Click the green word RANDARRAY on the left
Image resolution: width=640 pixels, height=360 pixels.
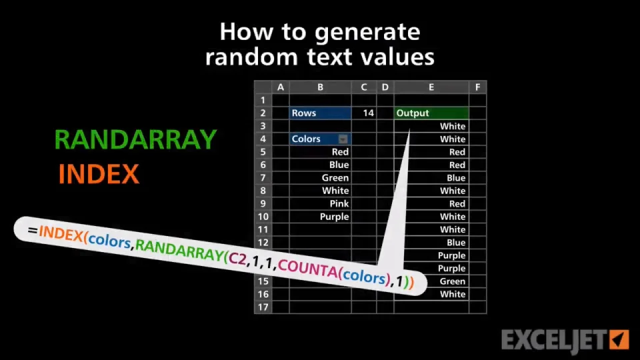pyautogui.click(x=135, y=139)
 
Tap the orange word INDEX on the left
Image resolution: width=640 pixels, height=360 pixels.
pyautogui.click(x=99, y=174)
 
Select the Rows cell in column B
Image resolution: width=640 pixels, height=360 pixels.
pyautogui.click(x=321, y=113)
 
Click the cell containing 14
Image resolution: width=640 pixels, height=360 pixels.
pyautogui.click(x=364, y=113)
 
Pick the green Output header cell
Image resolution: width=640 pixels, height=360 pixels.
pyautogui.click(x=431, y=113)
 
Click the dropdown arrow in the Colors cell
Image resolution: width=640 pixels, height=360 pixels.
pyautogui.click(x=343, y=139)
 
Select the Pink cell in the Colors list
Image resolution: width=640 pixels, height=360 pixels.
pyautogui.click(x=321, y=204)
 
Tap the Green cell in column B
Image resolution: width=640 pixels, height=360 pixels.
pyautogui.click(x=321, y=178)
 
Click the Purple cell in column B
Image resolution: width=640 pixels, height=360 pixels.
pyautogui.click(x=321, y=217)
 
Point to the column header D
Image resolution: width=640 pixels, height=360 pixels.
pyautogui.click(x=385, y=87)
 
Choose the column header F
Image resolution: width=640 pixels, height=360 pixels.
pyautogui.click(x=477, y=87)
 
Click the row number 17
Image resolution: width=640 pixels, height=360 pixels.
pyautogui.click(x=263, y=307)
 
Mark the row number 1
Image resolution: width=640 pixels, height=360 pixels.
pyautogui.click(x=263, y=101)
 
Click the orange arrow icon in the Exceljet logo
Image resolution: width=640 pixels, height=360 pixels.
pyautogui.click(x=619, y=339)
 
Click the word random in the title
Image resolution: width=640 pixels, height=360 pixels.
pyautogui.click(x=251, y=57)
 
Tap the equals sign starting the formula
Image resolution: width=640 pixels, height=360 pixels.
pyautogui.click(x=33, y=231)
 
